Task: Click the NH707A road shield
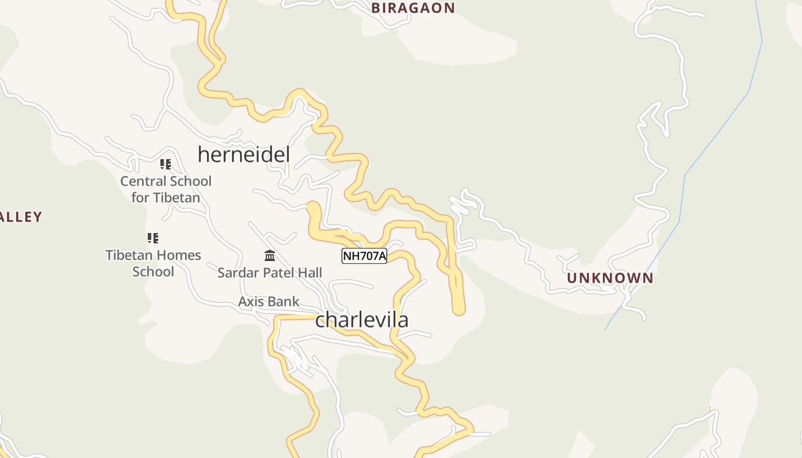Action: click(x=364, y=256)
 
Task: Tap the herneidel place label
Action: click(x=243, y=155)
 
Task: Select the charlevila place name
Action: click(x=361, y=319)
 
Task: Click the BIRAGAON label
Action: click(x=413, y=8)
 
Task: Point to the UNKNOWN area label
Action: click(x=610, y=278)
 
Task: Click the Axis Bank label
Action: click(x=269, y=302)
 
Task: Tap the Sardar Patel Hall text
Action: click(x=270, y=273)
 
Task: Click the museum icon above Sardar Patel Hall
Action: click(x=270, y=255)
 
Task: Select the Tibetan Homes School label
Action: click(x=153, y=263)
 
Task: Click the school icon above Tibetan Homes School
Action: click(x=153, y=238)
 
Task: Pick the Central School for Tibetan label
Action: click(x=166, y=189)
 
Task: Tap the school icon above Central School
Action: click(x=166, y=165)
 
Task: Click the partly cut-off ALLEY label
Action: click(x=21, y=217)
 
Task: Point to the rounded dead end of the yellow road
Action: click(x=458, y=310)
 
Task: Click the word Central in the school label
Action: click(x=141, y=181)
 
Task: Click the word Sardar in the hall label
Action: click(x=235, y=273)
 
